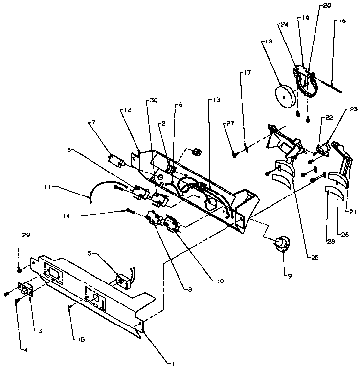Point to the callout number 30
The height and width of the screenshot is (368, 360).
click(154, 100)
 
